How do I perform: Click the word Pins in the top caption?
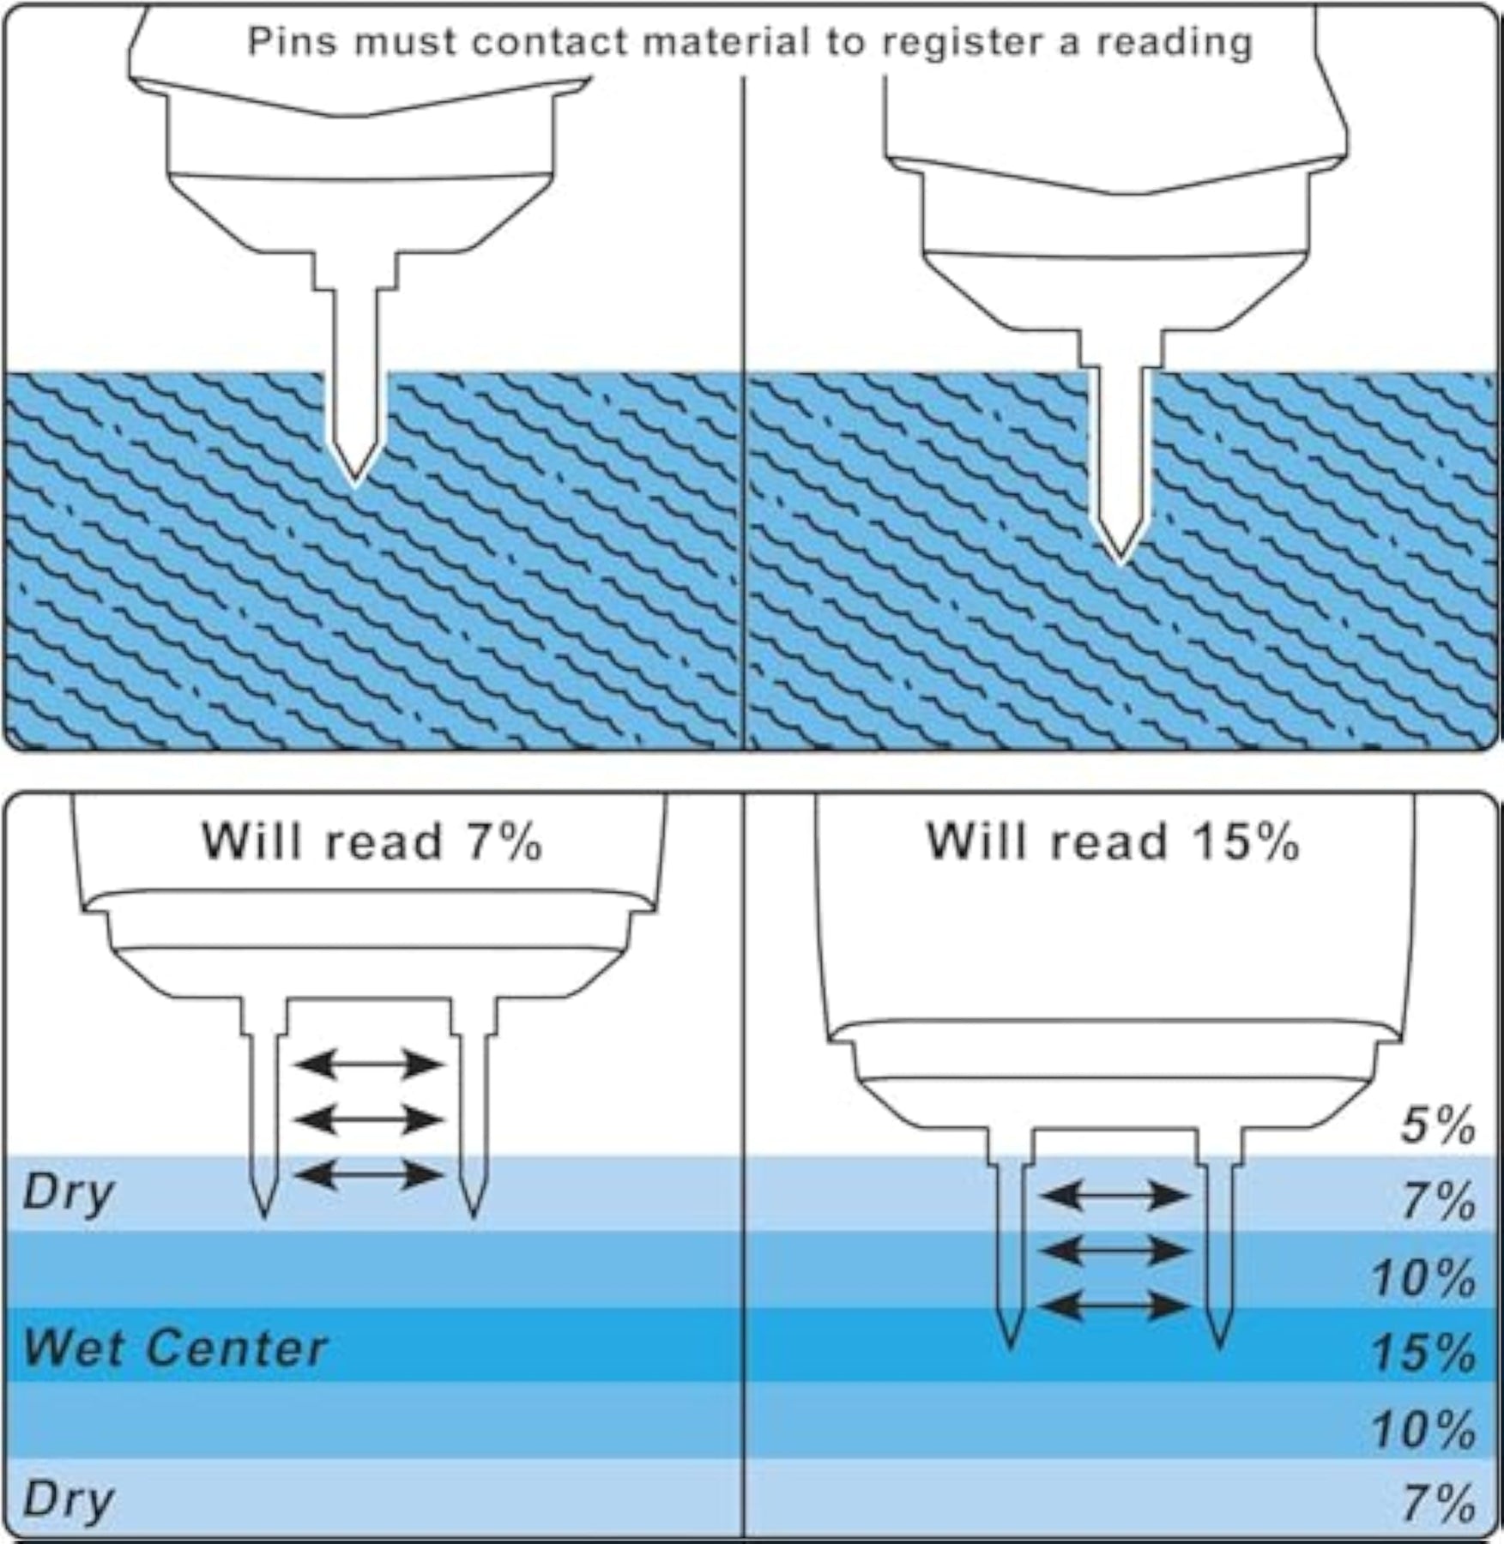pyautogui.click(x=292, y=41)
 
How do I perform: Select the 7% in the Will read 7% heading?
pyautogui.click(x=504, y=841)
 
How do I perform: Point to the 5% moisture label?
pyautogui.click(x=1438, y=1126)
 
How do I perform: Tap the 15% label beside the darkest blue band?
pyautogui.click(x=1423, y=1354)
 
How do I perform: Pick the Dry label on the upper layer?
pyautogui.click(x=68, y=1193)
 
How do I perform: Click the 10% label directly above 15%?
pyautogui.click(x=1423, y=1278)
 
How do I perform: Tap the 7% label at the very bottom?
pyautogui.click(x=1438, y=1503)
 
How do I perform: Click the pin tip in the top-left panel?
pyautogui.click(x=354, y=485)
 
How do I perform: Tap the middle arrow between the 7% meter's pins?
pyautogui.click(x=370, y=1119)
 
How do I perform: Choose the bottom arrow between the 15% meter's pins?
pyautogui.click(x=1116, y=1306)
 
